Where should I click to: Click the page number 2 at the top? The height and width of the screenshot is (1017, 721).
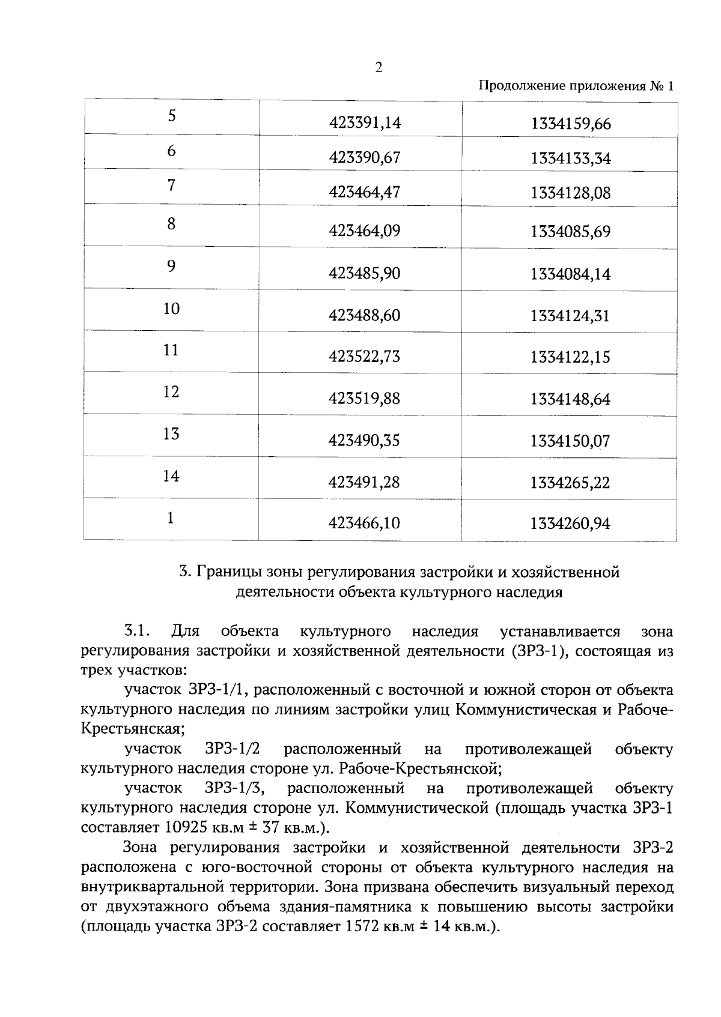point(379,67)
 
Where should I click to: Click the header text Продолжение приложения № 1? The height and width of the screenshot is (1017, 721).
point(576,86)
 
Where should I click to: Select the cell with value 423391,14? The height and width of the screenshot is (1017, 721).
point(365,123)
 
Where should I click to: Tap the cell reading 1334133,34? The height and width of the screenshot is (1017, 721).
point(571,158)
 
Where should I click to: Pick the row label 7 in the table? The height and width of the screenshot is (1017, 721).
point(172,185)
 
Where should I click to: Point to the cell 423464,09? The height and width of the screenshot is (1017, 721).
point(364,231)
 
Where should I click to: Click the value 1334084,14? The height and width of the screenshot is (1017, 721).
point(570,274)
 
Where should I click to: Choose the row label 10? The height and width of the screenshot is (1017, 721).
point(172,309)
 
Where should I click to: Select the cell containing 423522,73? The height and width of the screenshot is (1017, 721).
point(364,357)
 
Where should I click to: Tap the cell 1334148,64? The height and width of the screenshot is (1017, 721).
point(570,399)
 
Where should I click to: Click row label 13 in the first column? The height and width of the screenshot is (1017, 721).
point(171,433)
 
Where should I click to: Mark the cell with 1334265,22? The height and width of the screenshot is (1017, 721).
point(570,483)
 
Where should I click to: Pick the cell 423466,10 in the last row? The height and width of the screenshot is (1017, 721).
point(364,524)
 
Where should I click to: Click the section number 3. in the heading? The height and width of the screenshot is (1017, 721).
point(186,572)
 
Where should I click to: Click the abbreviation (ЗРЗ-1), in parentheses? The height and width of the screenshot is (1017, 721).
point(538,651)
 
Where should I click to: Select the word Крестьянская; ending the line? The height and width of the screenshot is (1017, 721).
point(133,729)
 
